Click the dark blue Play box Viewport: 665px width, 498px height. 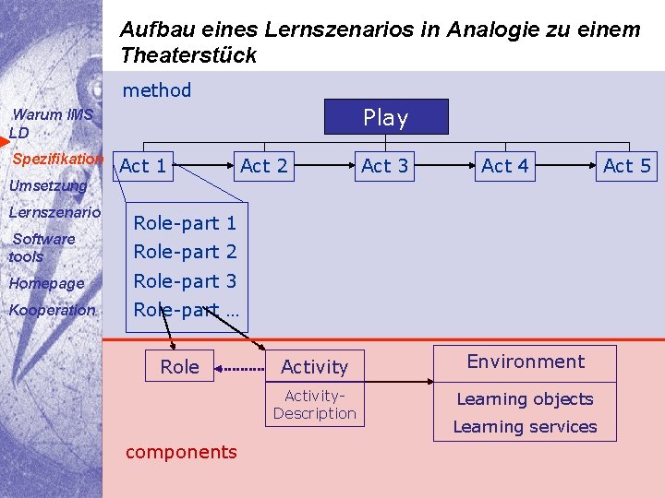pyautogui.click(x=386, y=117)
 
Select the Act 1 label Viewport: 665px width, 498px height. pyautogui.click(x=143, y=166)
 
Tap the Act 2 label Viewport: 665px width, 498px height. pyautogui.click(x=264, y=166)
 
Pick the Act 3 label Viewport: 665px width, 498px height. pyautogui.click(x=385, y=166)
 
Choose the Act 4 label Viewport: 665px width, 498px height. pyautogui.click(x=505, y=166)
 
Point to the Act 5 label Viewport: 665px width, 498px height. pyautogui.click(x=627, y=166)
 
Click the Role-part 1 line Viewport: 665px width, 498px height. pyautogui.click(x=185, y=222)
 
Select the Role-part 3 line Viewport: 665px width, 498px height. pyautogui.click(x=185, y=281)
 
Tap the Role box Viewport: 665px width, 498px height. pyautogui.click(x=179, y=366)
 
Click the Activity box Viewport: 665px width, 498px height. pyautogui.click(x=314, y=367)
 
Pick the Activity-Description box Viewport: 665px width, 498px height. pyautogui.click(x=314, y=405)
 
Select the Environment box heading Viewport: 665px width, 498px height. pyautogui.click(x=526, y=362)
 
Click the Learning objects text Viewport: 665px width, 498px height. pyautogui.click(x=525, y=399)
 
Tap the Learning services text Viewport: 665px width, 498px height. pyautogui.click(x=525, y=427)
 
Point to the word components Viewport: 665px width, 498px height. pyautogui.click(x=181, y=452)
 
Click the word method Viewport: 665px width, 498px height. pyautogui.click(x=157, y=90)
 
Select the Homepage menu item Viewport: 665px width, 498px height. pyautogui.click(x=46, y=283)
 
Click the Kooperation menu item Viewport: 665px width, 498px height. pyautogui.click(x=52, y=310)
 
